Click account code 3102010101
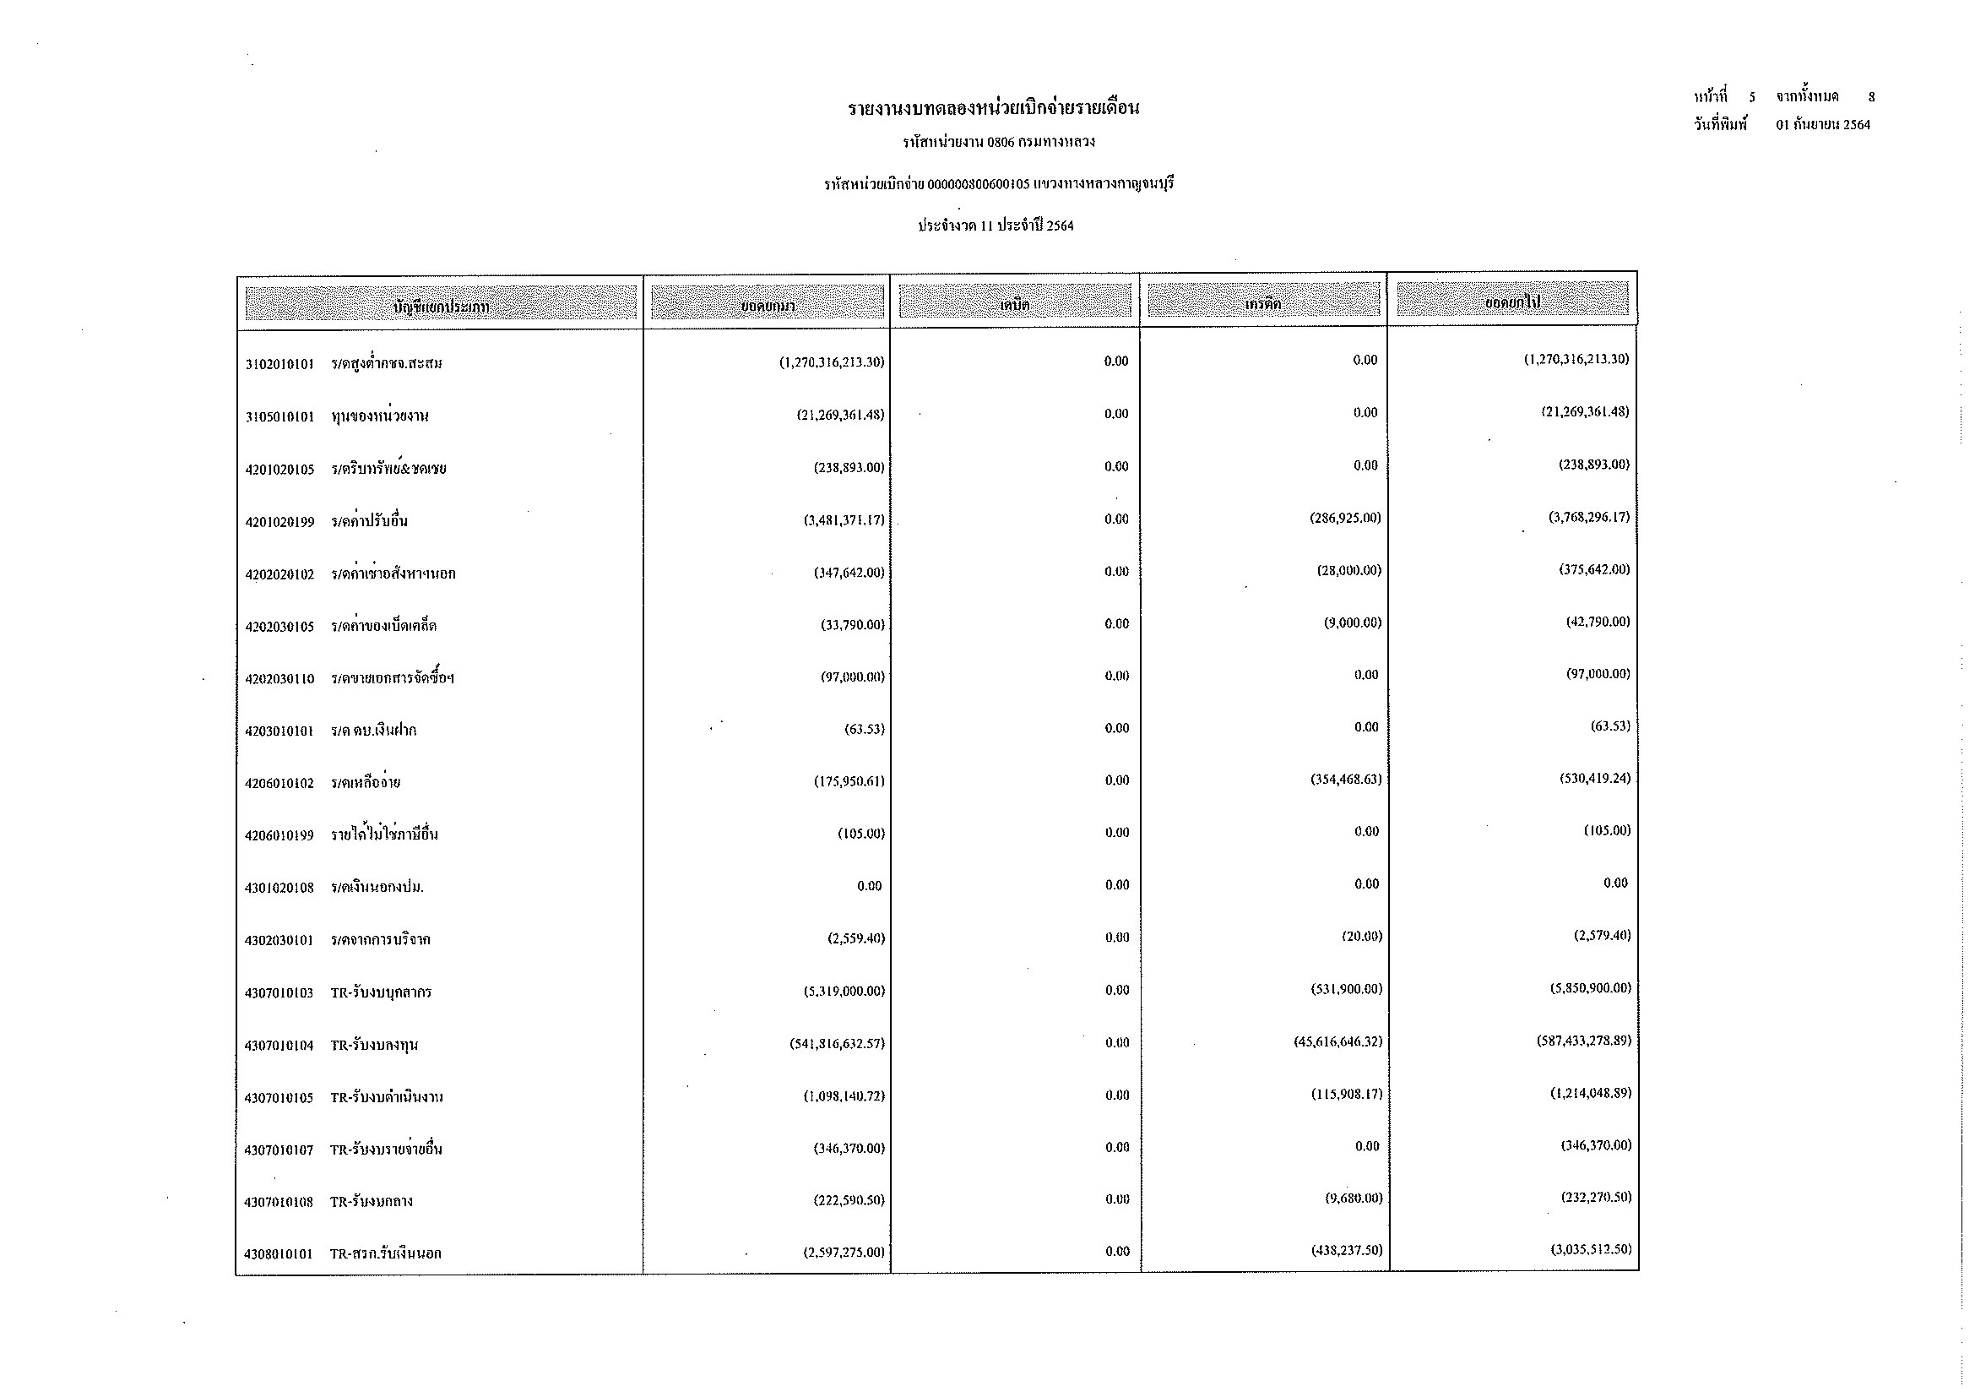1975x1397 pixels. (279, 364)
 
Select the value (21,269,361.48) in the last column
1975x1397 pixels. (1584, 411)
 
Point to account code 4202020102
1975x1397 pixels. (279, 574)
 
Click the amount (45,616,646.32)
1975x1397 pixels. (1337, 1041)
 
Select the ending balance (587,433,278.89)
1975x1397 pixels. (1583, 1041)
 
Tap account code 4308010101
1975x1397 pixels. (279, 1254)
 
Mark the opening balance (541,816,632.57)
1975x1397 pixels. (837, 1044)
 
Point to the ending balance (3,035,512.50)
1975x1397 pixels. (1591, 1249)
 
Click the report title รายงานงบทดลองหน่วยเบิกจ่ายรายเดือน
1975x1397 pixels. (994, 109)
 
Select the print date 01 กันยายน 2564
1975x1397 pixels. (1823, 125)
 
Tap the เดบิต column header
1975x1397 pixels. (1015, 305)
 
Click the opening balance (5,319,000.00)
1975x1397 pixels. (844, 991)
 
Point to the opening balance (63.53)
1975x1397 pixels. (864, 730)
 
